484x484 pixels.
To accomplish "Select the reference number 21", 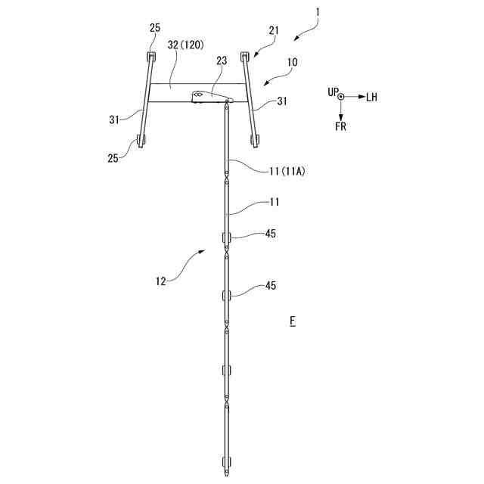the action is pos(274,30).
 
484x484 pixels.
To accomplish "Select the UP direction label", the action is pos(332,92).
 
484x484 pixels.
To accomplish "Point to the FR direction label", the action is pos(341,126).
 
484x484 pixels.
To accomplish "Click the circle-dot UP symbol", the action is pos(341,97).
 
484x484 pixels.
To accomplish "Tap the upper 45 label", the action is pos(270,234).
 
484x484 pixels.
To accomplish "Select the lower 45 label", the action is pos(270,286).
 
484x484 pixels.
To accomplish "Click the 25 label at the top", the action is pos(155,28).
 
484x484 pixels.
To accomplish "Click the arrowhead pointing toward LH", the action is pos(360,97).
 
